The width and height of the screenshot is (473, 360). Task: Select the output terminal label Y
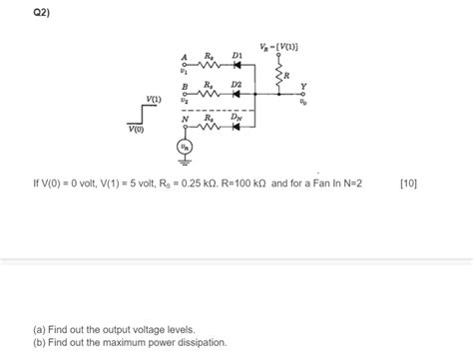point(303,86)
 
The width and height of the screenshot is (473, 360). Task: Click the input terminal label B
point(184,88)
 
